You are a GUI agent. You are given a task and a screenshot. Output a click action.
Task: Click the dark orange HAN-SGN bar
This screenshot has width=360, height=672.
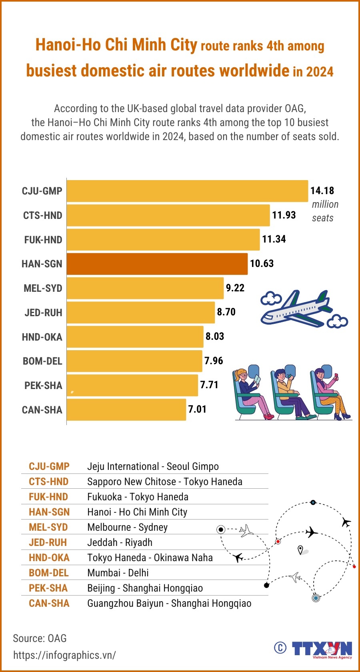click(157, 264)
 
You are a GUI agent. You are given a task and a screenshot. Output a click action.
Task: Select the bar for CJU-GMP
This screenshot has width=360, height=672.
click(187, 191)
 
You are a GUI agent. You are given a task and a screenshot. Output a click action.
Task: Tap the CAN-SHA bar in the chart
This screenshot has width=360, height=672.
click(126, 409)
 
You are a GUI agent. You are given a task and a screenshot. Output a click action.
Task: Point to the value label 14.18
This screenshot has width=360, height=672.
click(322, 191)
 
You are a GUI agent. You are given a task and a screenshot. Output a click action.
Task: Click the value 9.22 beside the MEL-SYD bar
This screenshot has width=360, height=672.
click(235, 288)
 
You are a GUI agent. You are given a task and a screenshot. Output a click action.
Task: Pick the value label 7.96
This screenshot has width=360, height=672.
click(214, 361)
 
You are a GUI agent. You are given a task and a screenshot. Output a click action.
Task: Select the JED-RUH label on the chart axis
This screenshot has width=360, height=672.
click(43, 313)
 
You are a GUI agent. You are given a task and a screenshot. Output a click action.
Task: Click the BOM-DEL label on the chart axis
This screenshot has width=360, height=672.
click(42, 361)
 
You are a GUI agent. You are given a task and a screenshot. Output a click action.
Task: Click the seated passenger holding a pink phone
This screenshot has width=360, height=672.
click(330, 394)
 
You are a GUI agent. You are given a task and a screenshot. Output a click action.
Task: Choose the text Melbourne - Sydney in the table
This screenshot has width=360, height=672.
click(127, 527)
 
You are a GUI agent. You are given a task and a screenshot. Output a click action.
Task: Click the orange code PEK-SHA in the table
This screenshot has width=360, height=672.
click(48, 588)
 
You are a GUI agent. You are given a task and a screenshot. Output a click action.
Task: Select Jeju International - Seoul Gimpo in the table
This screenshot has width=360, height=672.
click(153, 466)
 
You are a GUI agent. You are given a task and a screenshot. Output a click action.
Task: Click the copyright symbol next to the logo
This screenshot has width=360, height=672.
click(280, 648)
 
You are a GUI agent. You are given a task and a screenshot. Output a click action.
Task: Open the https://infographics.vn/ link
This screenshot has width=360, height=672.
click(64, 655)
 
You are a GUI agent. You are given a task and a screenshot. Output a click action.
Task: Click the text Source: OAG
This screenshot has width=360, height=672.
click(40, 638)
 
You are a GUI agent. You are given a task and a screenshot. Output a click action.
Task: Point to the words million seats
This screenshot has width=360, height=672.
click(325, 211)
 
